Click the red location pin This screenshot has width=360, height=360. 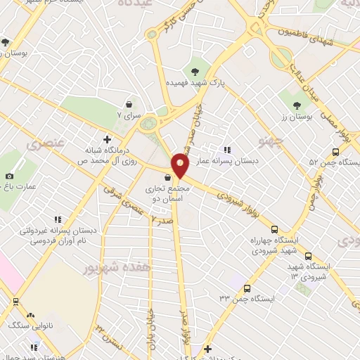pyautogui.click(x=180, y=166)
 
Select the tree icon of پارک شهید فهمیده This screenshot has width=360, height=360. pyautogui.click(x=195, y=70)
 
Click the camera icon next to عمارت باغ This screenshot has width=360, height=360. pyautogui.click(x=9, y=176)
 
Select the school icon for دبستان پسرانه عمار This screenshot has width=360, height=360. pyautogui.click(x=227, y=149)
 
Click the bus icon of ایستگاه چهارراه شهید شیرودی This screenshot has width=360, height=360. pyautogui.click(x=275, y=229)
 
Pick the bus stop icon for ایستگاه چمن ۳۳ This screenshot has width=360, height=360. pyautogui.click(x=246, y=288)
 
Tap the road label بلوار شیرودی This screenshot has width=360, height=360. pyautogui.click(x=234, y=198)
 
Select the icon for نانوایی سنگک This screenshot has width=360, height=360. pyautogui.click(x=30, y=313)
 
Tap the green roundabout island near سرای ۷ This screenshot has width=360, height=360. pyautogui.click(x=148, y=125)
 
